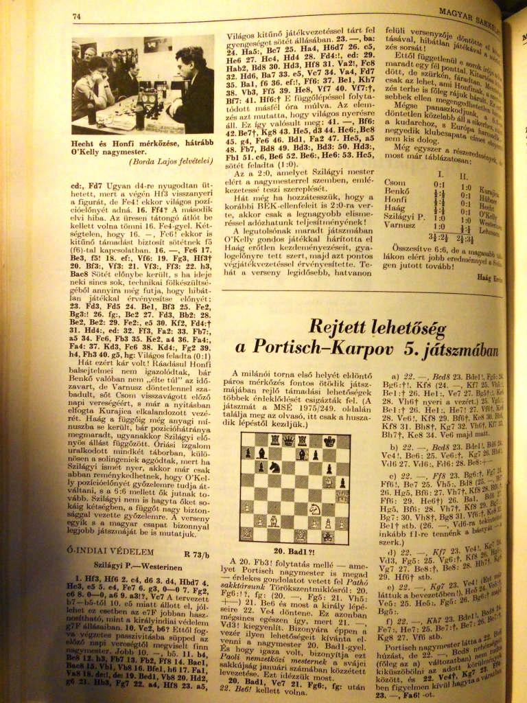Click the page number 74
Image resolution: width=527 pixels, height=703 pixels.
pyautogui.click(x=77, y=15)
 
